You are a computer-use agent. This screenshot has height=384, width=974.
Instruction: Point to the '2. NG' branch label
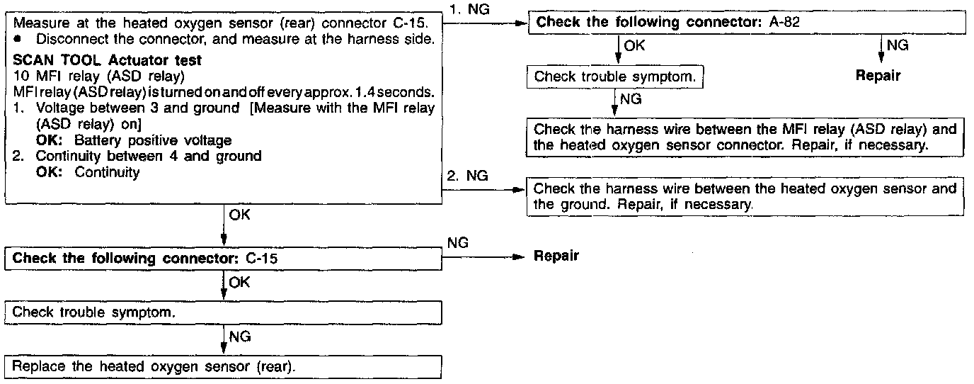[x=469, y=176]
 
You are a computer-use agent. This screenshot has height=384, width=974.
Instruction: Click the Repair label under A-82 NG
[x=878, y=76]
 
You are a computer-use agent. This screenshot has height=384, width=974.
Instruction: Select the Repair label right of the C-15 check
[x=556, y=256]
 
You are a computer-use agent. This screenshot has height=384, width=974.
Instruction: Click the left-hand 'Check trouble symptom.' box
[x=224, y=312]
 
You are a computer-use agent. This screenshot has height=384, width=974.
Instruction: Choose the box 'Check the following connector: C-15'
[x=224, y=258]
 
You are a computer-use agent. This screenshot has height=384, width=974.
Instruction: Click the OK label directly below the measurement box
[x=239, y=213]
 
